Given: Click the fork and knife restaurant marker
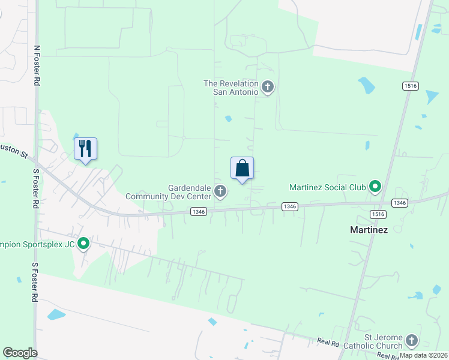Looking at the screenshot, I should [85, 149].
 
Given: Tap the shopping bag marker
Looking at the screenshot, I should [242, 169].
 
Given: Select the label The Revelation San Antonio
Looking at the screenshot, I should [231, 88].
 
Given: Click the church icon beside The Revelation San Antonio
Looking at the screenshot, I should [268, 88].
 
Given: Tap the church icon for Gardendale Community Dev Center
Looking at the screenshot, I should [220, 192].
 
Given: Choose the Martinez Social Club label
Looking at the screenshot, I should [327, 187].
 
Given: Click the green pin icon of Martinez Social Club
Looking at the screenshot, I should [375, 187].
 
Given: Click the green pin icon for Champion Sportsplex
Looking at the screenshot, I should [83, 244].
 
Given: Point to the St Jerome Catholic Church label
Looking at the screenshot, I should [370, 341].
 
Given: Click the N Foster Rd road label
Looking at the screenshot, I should [37, 65].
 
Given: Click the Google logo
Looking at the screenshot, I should [20, 353].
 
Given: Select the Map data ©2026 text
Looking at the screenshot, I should [423, 355].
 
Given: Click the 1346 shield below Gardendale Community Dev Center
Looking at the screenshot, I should [199, 211].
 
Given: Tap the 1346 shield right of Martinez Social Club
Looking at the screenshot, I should [400, 203].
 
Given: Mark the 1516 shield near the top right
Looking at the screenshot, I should [411, 86].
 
